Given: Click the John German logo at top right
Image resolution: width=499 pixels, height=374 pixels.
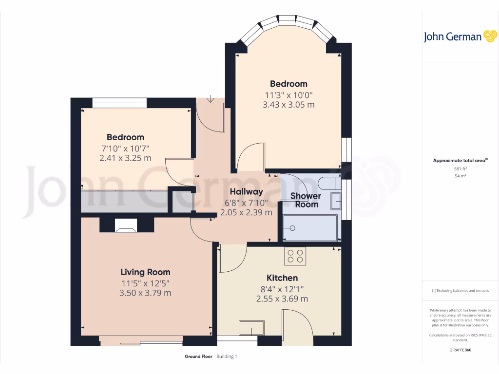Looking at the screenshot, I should (460, 37).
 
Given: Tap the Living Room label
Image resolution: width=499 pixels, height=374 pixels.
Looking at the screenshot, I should (145, 272).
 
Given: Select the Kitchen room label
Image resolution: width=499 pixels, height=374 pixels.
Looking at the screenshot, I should (282, 278).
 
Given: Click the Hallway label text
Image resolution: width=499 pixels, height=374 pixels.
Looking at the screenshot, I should (246, 192).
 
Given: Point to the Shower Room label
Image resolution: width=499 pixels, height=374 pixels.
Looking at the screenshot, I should (306, 200).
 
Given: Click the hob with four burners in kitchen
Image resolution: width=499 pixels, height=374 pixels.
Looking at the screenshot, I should (295, 257).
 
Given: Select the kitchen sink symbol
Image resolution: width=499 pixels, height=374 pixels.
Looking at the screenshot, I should (251, 328).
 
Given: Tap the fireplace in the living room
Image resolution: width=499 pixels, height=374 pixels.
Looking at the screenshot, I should (127, 225).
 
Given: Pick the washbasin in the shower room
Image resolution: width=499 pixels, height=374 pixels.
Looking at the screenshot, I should (336, 201).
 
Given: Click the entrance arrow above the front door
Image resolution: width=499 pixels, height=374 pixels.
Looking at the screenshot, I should (210, 99).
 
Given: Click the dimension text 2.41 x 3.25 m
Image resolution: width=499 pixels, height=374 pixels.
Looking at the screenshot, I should (125, 158).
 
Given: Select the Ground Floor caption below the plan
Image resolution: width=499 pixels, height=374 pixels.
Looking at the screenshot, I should (198, 356).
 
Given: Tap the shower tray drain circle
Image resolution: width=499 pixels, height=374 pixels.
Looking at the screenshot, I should (293, 228).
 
